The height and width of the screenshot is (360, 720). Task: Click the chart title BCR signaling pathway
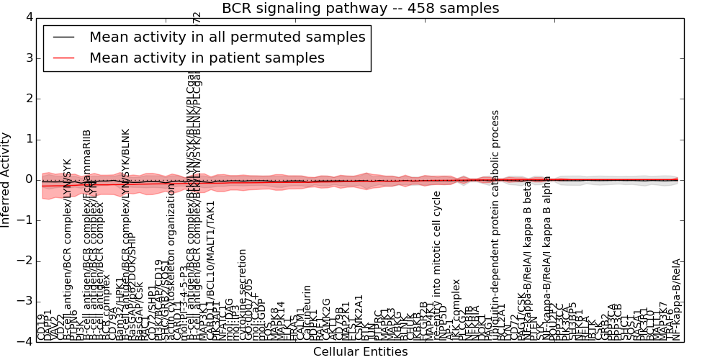[360, 8]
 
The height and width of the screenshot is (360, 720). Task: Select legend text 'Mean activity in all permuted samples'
[227, 37]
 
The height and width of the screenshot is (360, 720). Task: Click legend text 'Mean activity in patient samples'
[207, 58]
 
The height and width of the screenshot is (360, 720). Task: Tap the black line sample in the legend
[63, 37]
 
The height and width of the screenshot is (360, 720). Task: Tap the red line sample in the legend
[63, 58]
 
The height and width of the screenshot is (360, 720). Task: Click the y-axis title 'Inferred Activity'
[6, 179]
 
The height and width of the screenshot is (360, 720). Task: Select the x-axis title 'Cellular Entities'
[360, 352]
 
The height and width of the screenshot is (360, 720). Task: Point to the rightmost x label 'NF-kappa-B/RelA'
[676, 300]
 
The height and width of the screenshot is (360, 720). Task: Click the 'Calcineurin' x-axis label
[307, 312]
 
